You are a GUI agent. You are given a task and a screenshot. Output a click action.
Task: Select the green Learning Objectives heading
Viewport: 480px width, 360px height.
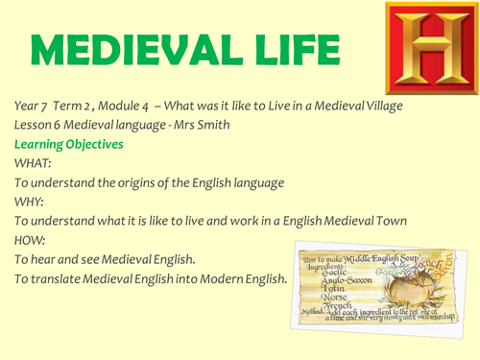[x=68, y=144]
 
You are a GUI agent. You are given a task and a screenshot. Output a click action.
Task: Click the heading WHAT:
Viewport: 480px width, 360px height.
[x=34, y=164]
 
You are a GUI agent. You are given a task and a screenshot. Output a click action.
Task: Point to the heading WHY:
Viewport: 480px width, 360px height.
[x=31, y=202]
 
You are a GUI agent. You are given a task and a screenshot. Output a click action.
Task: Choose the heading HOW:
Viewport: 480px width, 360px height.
[x=32, y=240]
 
